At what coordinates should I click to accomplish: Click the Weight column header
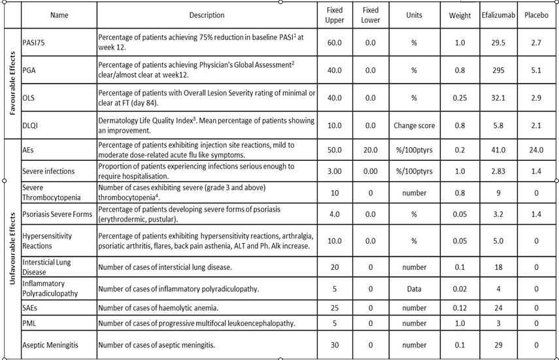click(460, 16)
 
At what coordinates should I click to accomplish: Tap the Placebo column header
click(537, 16)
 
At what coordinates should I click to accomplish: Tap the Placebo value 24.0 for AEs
click(537, 150)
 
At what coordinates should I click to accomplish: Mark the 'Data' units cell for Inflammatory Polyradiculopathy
click(415, 289)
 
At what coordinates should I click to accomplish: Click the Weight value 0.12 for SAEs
click(460, 307)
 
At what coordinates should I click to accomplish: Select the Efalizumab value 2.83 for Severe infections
click(497, 171)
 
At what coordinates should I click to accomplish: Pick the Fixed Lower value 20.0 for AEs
click(370, 150)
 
